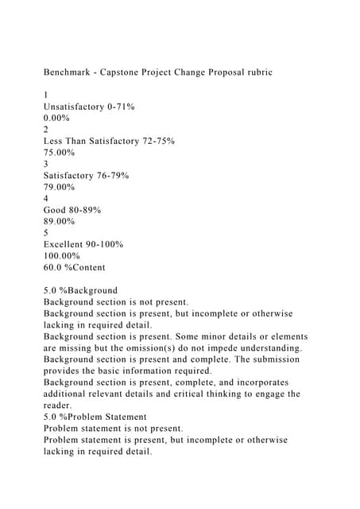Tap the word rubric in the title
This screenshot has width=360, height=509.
(x=254, y=72)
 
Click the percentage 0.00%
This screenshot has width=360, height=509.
(x=56, y=118)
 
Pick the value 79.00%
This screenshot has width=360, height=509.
(x=59, y=187)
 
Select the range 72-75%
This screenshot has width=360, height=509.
(x=156, y=141)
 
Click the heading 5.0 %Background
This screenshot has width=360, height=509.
(x=80, y=290)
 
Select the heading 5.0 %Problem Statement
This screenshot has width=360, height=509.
(x=95, y=417)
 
